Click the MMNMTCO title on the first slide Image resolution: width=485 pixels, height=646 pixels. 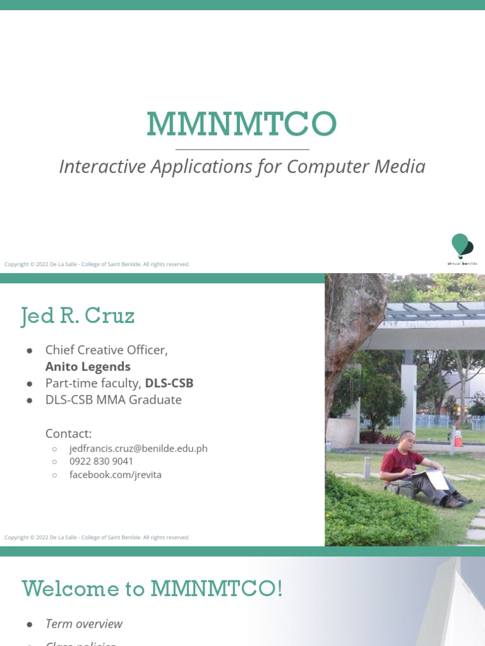[x=242, y=124]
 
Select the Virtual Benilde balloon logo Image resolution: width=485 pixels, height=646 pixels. [x=462, y=247]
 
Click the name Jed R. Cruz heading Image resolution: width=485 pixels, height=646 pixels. [x=78, y=315]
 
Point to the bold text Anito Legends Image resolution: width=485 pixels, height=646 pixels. [x=88, y=367]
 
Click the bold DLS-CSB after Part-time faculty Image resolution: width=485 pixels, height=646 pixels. [x=169, y=383]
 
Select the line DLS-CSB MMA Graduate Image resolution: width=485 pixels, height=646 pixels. [x=113, y=399]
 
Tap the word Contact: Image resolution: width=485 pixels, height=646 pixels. [x=68, y=433]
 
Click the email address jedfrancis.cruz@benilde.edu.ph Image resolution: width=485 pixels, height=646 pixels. [x=138, y=449]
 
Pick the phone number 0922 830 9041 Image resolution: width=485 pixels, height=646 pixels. [x=101, y=461]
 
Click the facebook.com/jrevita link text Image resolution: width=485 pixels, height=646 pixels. [x=116, y=474]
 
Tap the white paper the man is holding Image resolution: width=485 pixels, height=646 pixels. [x=436, y=479]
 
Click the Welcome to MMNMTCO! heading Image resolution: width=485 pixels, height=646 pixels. [x=152, y=589]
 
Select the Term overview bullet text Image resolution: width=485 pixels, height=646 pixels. [x=84, y=624]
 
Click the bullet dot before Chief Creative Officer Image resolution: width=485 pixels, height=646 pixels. [x=30, y=350]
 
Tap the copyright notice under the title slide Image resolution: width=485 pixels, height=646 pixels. [x=97, y=264]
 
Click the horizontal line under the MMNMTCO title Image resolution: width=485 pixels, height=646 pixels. [x=242, y=150]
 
